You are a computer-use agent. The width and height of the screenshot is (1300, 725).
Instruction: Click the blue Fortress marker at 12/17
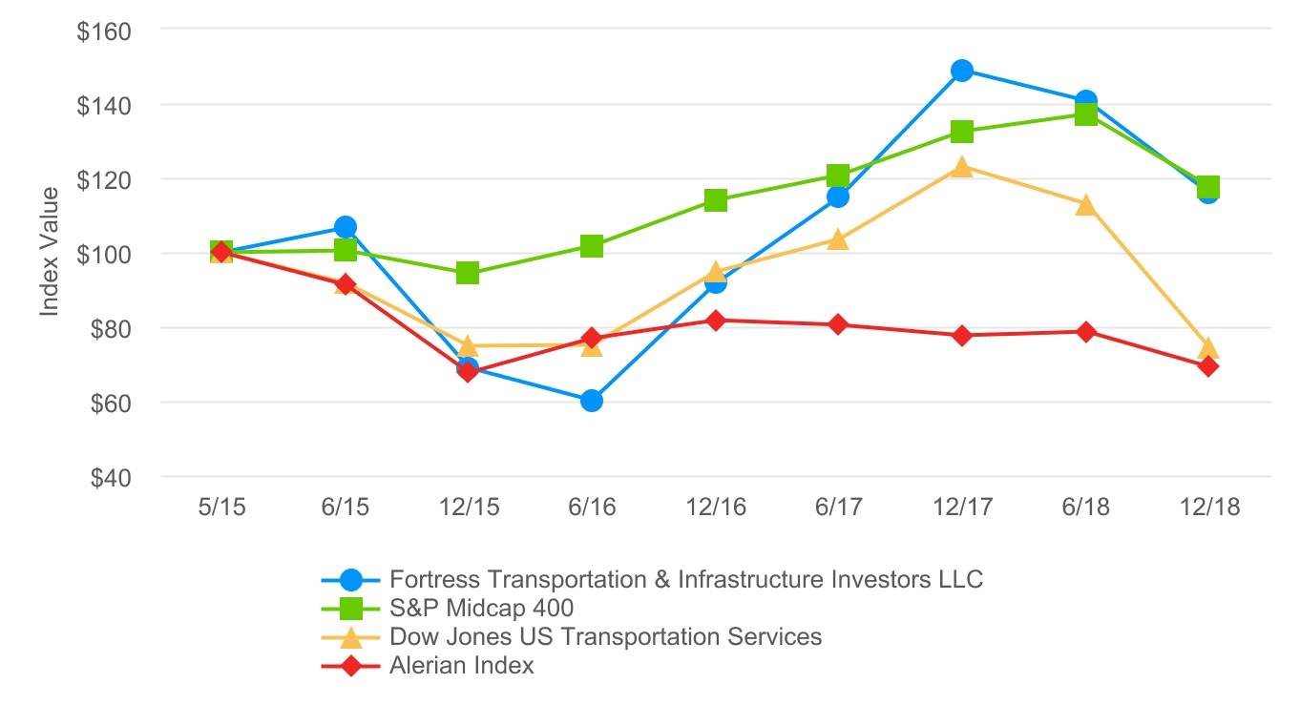tap(961, 71)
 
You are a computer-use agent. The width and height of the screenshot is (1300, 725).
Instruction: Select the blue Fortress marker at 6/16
tap(591, 401)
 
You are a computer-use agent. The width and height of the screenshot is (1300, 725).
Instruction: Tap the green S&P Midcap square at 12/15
tap(468, 274)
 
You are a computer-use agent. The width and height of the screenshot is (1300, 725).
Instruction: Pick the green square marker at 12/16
tap(715, 200)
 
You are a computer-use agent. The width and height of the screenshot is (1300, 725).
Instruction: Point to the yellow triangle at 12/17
tap(961, 168)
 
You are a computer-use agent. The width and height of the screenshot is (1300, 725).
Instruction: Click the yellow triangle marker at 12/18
tap(1207, 347)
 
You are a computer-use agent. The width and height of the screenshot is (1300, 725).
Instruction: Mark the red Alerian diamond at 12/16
tap(715, 321)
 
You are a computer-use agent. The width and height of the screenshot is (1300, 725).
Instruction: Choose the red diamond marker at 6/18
tap(1085, 332)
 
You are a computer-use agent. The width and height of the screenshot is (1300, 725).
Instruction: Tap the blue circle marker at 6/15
tap(346, 227)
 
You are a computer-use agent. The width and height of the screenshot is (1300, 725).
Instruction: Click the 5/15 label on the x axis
tap(221, 507)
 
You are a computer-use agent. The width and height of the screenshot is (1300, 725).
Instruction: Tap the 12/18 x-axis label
tap(1207, 507)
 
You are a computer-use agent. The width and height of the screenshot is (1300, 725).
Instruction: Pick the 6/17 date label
tap(838, 507)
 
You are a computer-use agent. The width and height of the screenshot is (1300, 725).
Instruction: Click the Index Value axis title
tap(50, 252)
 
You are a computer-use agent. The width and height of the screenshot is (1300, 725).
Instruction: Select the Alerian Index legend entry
tap(462, 666)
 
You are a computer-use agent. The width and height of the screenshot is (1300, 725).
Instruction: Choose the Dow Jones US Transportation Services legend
tap(605, 636)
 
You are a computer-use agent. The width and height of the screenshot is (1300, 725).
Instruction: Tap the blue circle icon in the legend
tap(352, 579)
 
